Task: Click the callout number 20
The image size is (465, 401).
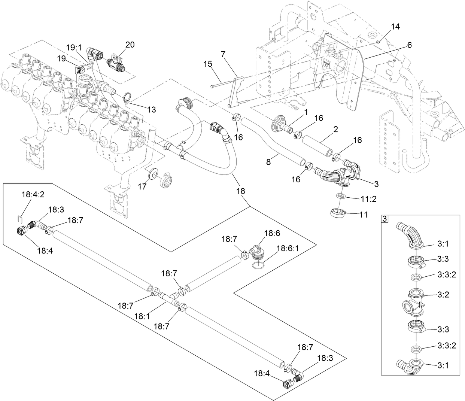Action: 130,45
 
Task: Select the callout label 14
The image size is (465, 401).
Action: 395,27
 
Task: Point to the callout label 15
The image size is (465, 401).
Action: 207,64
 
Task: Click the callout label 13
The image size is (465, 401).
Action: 151,109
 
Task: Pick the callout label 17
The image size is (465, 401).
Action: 142,186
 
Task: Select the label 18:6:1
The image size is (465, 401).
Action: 287,248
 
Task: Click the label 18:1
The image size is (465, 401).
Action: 143,316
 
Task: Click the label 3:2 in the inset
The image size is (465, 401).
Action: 442,295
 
